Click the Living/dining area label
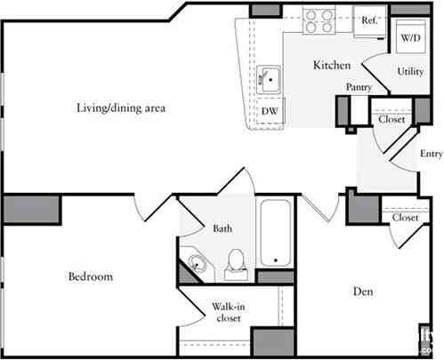[121, 108]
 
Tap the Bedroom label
[91, 277]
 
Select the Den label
[362, 292]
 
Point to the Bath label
[222, 228]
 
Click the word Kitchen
[331, 66]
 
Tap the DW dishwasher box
[269, 110]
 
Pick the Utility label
[410, 71]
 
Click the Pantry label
[359, 87]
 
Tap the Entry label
[431, 153]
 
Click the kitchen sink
[270, 79]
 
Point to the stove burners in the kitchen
[318, 18]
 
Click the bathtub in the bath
[277, 233]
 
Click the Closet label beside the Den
[406, 217]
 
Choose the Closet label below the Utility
[392, 119]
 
